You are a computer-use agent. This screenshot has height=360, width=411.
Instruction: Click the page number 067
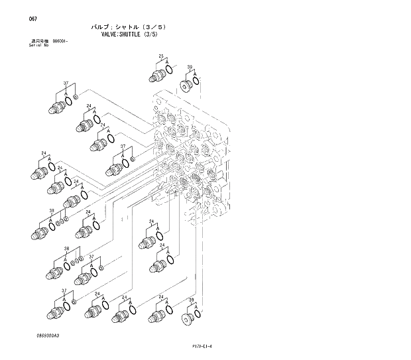tap(33, 19)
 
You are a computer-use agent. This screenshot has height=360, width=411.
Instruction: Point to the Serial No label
tap(38, 46)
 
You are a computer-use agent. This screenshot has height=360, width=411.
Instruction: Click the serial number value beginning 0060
tap(61, 42)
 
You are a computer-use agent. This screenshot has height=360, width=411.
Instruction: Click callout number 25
tap(161, 56)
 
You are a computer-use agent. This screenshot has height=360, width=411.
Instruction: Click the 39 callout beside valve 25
tap(190, 67)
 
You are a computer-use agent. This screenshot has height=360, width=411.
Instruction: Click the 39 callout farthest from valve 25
tap(191, 300)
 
